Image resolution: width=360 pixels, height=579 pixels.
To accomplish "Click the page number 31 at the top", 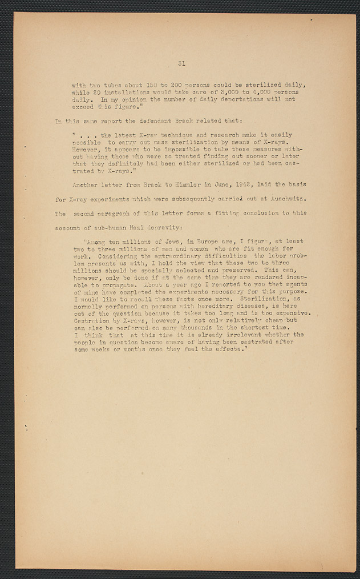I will tap(180, 63).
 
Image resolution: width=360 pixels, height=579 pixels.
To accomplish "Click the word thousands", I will tap(182, 327).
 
